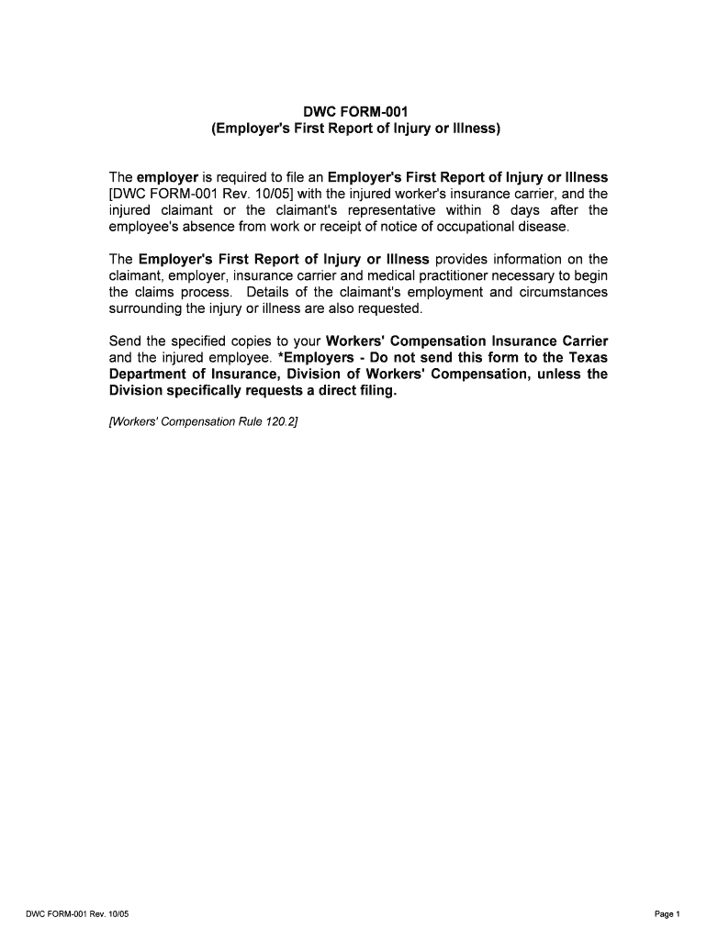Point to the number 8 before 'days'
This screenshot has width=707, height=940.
pyautogui.click(x=494, y=209)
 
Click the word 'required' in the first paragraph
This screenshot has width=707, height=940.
pyautogui.click(x=241, y=176)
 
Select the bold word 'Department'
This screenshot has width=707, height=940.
pyautogui.click(x=147, y=375)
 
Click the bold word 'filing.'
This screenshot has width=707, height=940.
pyautogui.click(x=376, y=391)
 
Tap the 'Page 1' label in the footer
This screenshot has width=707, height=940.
pyautogui.click(x=667, y=913)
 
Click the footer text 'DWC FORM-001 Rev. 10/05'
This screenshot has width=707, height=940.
pyautogui.click(x=84, y=913)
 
